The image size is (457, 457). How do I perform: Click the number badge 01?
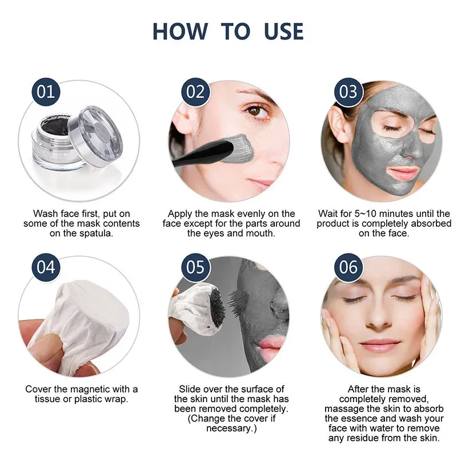pyautogui.click(x=46, y=92)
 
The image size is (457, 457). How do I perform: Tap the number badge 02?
pyautogui.click(x=195, y=92)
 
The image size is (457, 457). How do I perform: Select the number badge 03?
pyautogui.click(x=348, y=92)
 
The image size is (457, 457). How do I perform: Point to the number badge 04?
pyautogui.click(x=46, y=267)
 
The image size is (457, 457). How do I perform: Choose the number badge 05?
pyautogui.click(x=195, y=267)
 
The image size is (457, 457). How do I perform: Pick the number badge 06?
pyautogui.click(x=348, y=267)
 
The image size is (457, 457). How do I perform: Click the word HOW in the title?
pyautogui.click(x=180, y=31)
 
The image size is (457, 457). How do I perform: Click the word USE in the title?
pyautogui.click(x=283, y=31)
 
